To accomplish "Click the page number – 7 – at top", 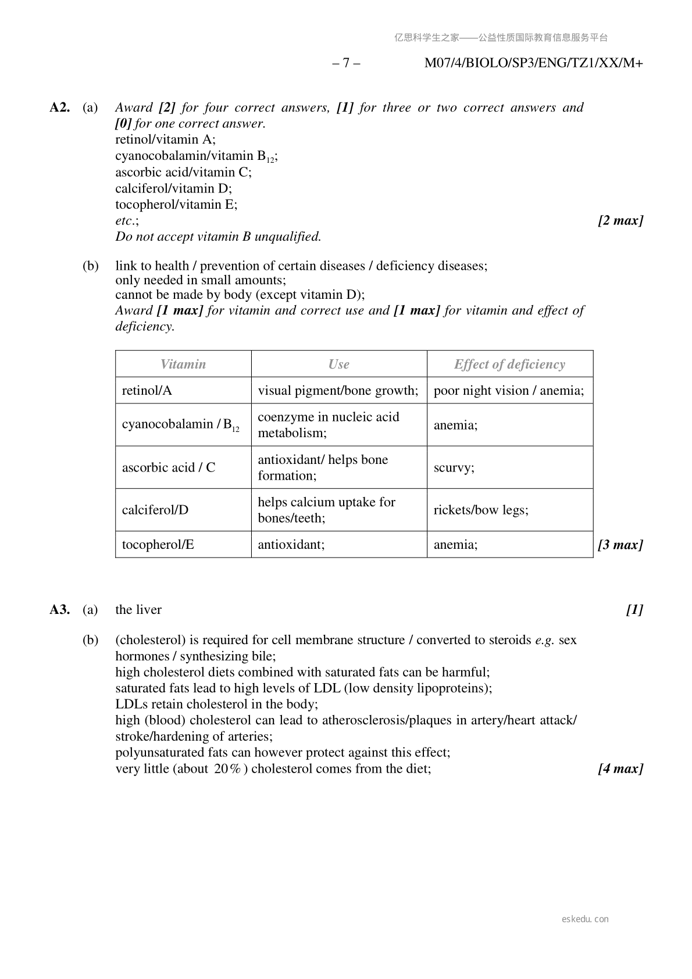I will pyautogui.click(x=346, y=63).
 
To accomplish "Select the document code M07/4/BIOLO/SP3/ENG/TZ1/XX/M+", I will pyautogui.click(x=533, y=63).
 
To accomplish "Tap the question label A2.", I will pyautogui.click(x=60, y=108).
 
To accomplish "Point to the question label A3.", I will pyautogui.click(x=60, y=609).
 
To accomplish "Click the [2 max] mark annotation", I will pyautogui.click(x=620, y=220).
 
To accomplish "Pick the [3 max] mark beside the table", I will pyautogui.click(x=620, y=545).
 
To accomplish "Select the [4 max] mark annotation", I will pyautogui.click(x=620, y=769).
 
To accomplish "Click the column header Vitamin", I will pyautogui.click(x=183, y=365).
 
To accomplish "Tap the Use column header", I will pyautogui.click(x=338, y=365).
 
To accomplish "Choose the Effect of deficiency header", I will pyautogui.click(x=509, y=365).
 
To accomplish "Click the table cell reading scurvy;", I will pyautogui.click(x=454, y=467).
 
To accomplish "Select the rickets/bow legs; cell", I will pyautogui.click(x=481, y=510).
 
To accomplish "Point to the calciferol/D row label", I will pyautogui.click(x=155, y=510).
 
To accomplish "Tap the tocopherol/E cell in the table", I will pyautogui.click(x=158, y=545).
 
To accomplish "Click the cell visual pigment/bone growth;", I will pyautogui.click(x=338, y=391).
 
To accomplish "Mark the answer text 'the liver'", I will pyautogui.click(x=138, y=609).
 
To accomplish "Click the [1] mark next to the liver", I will pyautogui.click(x=634, y=609).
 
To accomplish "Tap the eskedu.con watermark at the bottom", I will pyautogui.click(x=585, y=919).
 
